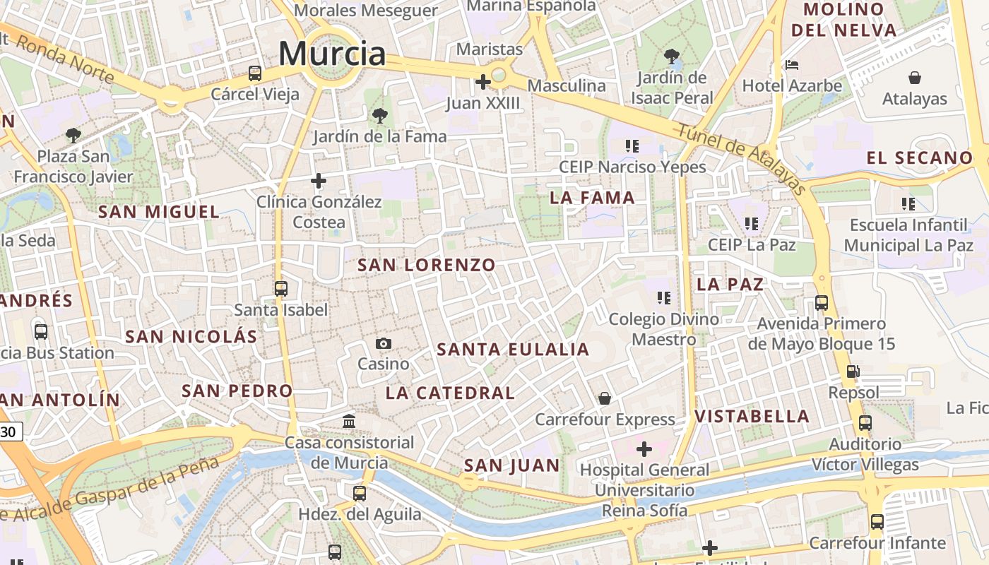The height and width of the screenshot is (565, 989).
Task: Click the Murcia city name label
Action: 332,54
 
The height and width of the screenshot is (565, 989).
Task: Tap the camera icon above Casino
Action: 384,343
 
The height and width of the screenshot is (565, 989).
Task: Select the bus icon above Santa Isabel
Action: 281,288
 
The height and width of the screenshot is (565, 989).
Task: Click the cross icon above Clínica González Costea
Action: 319,181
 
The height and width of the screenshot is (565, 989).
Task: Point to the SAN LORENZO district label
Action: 427,266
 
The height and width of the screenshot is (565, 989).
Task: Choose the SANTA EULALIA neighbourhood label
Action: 513,350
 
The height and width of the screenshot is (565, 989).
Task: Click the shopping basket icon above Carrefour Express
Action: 605,398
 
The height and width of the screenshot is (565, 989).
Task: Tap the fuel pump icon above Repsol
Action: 853,371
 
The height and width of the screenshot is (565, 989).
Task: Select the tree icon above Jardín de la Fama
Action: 379,115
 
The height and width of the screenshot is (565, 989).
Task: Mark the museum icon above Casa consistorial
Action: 349,421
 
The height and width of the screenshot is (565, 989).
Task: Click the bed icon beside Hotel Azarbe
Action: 792,65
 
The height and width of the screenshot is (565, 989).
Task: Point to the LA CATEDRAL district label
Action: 450,393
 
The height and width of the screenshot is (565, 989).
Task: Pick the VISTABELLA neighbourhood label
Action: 752,416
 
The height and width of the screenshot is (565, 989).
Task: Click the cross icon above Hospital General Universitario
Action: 644,448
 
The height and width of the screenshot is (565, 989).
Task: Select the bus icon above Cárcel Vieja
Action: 255,73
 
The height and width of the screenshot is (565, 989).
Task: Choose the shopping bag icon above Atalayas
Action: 914,77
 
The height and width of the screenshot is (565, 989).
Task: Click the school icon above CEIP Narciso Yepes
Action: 632,145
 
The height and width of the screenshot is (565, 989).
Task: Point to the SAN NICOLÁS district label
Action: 191,336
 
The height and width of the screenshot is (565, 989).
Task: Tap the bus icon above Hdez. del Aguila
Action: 360,493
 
